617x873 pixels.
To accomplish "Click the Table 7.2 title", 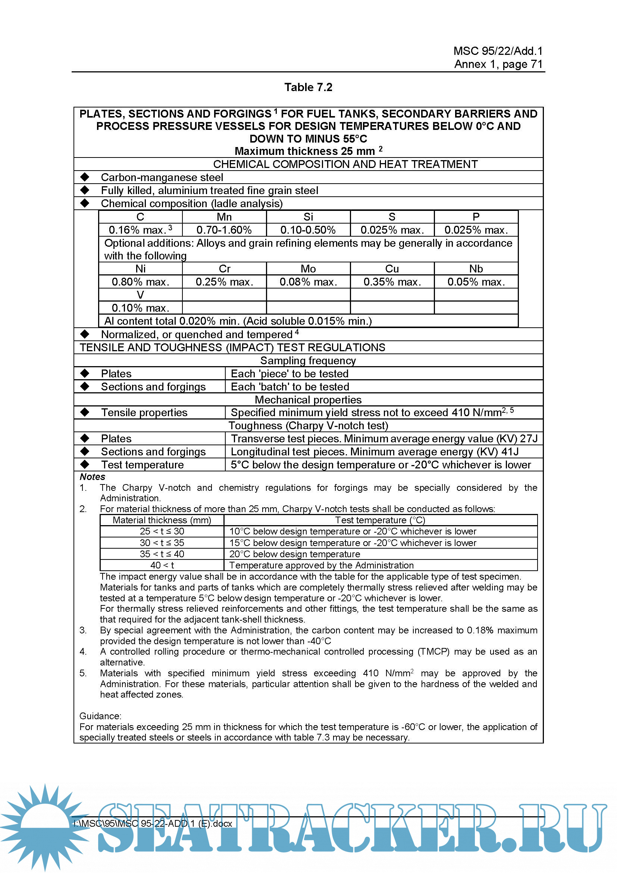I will [308, 87].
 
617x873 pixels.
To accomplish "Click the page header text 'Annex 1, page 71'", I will [498, 64].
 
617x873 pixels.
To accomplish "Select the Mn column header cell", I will [224, 217].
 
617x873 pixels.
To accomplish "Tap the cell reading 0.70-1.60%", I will [224, 230].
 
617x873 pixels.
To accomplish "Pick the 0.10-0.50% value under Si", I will [308, 230].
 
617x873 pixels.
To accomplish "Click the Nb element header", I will [476, 269].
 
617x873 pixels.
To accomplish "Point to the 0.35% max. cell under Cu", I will [392, 282].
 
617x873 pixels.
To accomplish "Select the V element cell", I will [140, 295].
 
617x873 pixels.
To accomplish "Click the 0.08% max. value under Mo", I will [308, 282].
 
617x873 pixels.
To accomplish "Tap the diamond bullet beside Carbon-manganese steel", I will [85, 177].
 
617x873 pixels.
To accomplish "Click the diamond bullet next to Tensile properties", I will [85, 412].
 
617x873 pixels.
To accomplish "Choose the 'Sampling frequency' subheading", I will [308, 361].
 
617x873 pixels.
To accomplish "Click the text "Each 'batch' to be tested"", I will [290, 387].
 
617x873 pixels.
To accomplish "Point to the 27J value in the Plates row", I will [529, 439].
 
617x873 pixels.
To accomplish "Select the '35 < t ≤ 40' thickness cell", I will [162, 554].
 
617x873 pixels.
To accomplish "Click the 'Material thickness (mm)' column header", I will [162, 520].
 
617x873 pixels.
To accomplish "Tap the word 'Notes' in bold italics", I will [92, 477].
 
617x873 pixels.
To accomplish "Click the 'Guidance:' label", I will [100, 716].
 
